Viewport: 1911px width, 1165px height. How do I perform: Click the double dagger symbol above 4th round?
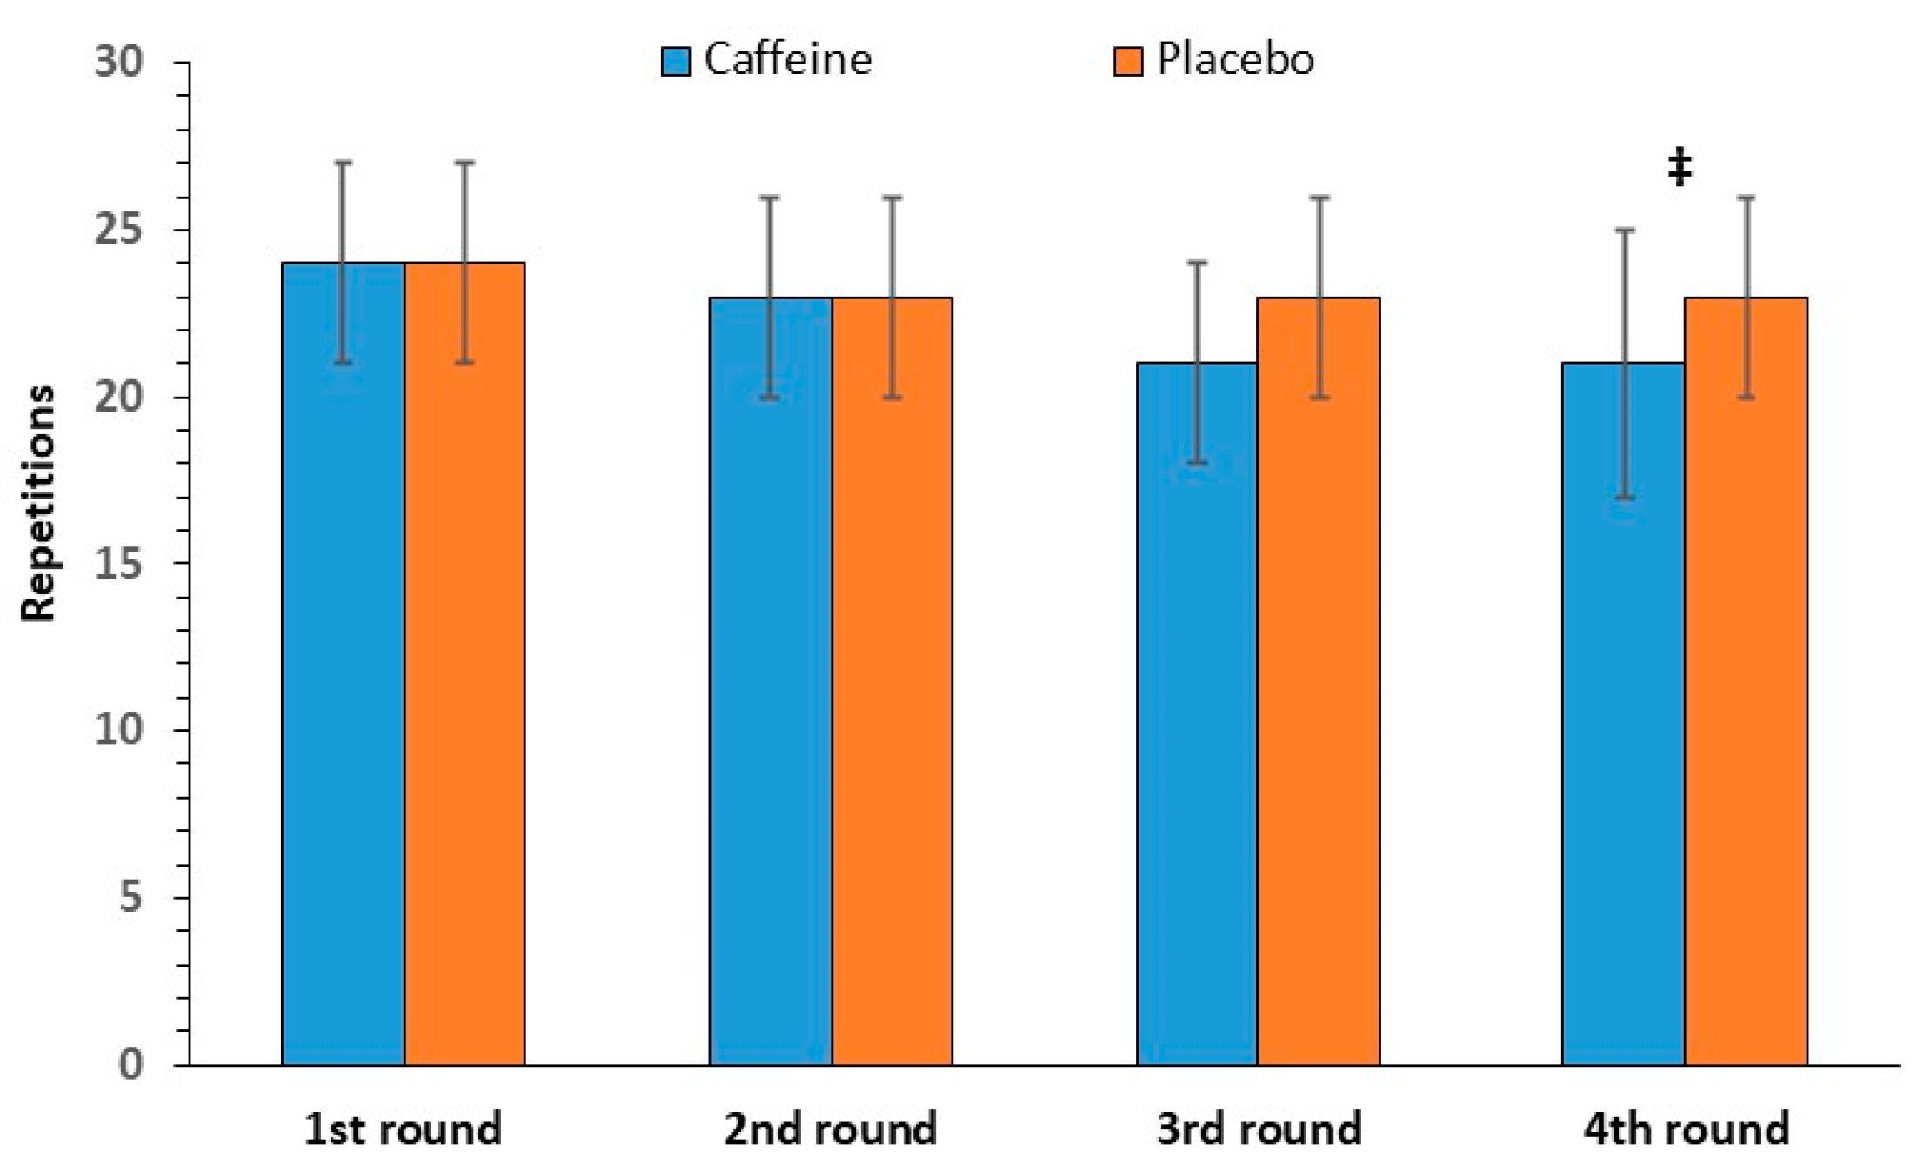pos(1680,167)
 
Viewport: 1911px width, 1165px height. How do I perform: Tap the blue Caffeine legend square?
pos(676,61)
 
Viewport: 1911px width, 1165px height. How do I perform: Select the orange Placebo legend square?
pos(1128,61)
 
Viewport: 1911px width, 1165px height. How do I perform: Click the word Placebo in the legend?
pos(1235,59)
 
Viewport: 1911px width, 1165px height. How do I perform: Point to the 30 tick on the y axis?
pos(118,62)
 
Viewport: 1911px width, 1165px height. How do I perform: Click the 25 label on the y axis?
pos(118,230)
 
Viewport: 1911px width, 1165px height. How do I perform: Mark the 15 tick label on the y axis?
pos(118,564)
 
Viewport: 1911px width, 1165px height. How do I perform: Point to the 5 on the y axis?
pos(130,897)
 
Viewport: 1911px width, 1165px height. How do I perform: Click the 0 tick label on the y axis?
pos(130,1063)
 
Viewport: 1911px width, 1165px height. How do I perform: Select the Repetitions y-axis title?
pos(38,503)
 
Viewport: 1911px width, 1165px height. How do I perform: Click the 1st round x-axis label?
pos(403,1129)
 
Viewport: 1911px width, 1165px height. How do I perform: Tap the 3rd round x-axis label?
pos(1259,1129)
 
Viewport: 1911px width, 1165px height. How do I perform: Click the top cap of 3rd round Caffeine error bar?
pos(1198,262)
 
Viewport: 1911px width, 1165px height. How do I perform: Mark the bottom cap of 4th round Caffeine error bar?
pos(1624,498)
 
